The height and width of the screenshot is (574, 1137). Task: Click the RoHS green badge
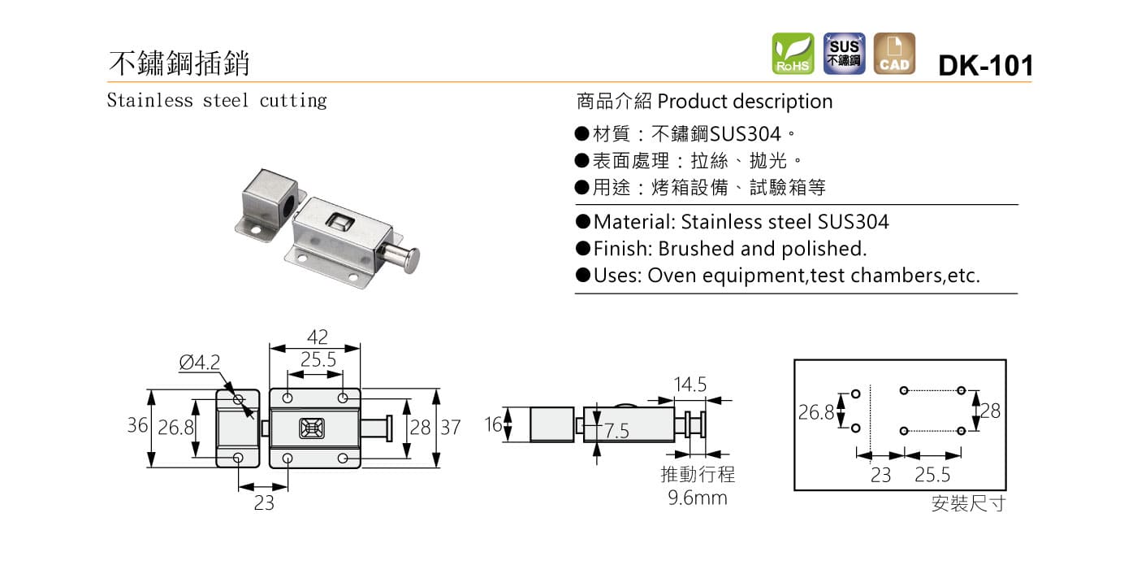(793, 54)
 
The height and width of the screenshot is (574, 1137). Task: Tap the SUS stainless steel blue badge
(844, 54)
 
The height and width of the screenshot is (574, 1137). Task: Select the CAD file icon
(894, 54)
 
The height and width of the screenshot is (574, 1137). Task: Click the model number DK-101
(985, 65)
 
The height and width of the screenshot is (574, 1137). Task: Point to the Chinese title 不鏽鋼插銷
(179, 63)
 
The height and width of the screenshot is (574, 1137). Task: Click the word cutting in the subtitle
(293, 101)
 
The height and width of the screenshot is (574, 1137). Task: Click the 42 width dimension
(317, 337)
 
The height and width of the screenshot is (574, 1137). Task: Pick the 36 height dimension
(137, 425)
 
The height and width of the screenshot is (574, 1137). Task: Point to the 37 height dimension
(450, 427)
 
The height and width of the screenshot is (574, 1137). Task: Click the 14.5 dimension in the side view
(690, 383)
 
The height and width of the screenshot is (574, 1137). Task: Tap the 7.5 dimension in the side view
(616, 432)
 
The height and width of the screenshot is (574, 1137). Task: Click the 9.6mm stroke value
(698, 498)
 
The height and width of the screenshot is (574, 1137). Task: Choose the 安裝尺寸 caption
(968, 504)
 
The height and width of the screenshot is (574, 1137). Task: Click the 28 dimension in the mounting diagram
(990, 411)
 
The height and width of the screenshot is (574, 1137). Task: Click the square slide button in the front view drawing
(311, 428)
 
